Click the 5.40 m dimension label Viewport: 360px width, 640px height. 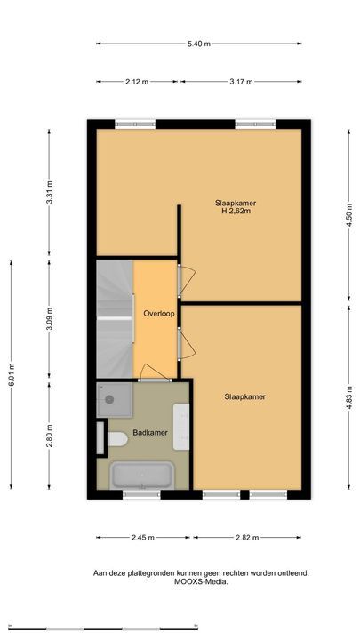pos(199,44)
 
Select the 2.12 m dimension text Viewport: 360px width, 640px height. pos(137,82)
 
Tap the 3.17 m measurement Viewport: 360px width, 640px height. pos(241,82)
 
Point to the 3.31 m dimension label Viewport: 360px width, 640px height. pos(49,192)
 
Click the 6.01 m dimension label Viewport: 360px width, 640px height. pos(11,374)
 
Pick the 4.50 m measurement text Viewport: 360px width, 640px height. pos(349,215)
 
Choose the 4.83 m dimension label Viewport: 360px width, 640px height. pos(349,397)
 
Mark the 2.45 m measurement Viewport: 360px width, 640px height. pos(143,538)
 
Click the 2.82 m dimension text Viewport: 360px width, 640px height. pos(247,538)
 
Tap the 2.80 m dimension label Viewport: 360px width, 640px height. pos(49,436)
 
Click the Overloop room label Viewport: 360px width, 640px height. pos(159,314)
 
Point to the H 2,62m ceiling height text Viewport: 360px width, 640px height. pos(236,212)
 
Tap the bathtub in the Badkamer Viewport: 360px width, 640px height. pos(142,475)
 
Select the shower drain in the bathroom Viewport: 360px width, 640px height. pos(109,400)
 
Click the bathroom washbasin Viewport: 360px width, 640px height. pos(181,427)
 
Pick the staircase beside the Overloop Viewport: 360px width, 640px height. pos(115,319)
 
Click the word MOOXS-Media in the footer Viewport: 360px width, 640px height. pos(201,582)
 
